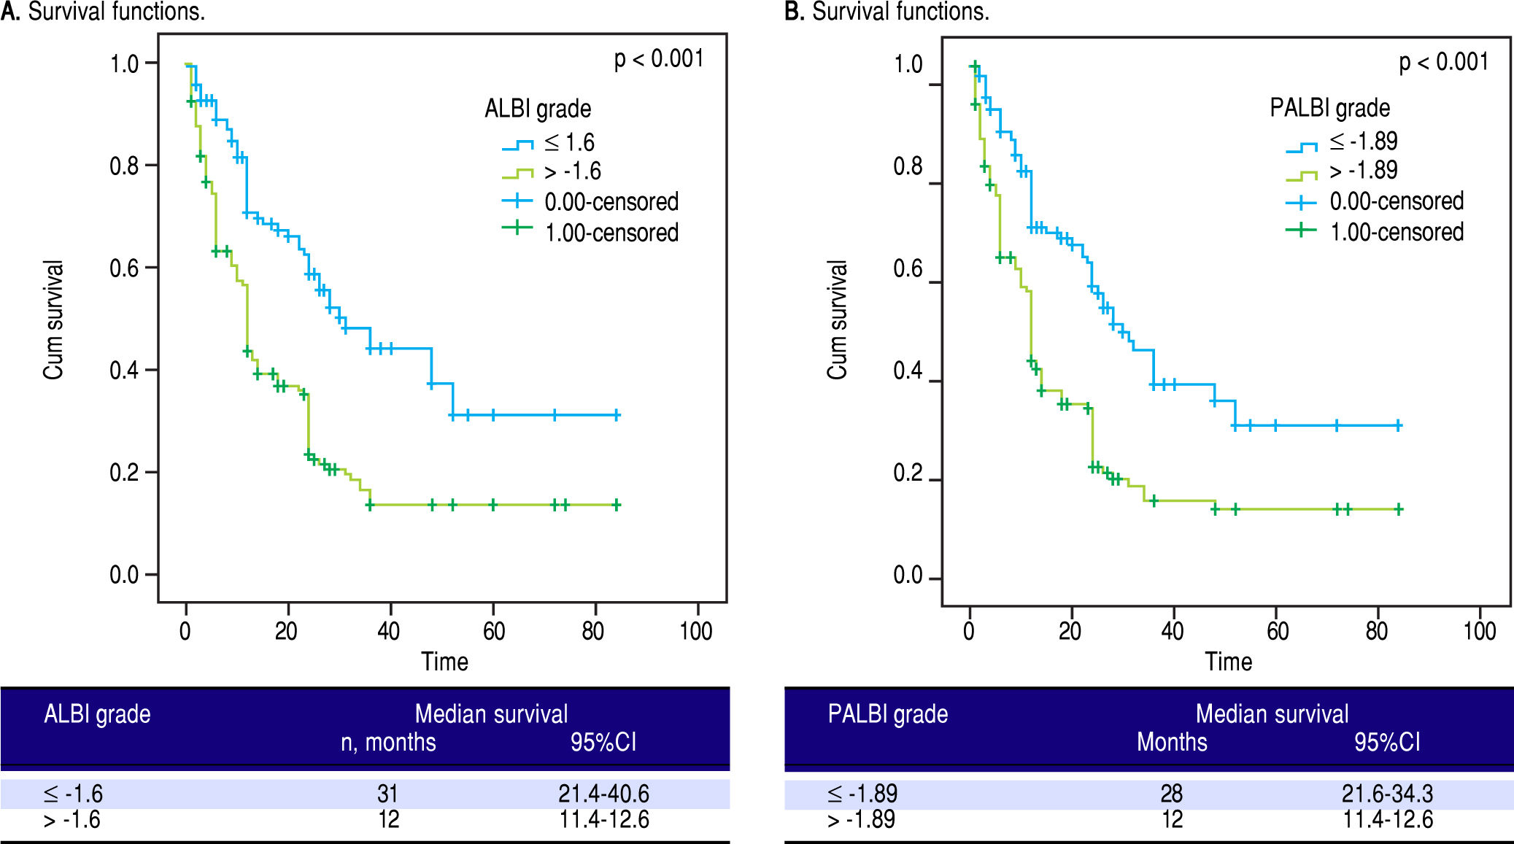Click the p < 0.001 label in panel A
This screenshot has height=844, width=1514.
pos(659,58)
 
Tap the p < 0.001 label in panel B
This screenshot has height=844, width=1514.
pos(1443,62)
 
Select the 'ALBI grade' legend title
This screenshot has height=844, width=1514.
pos(538,109)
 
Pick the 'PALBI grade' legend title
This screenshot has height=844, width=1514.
pos(1329,108)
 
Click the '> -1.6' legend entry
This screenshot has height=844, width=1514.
pos(572,171)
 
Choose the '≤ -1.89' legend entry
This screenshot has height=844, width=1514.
pos(1363,141)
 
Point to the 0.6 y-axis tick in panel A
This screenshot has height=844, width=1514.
pos(124,268)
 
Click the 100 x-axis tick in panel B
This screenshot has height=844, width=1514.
pos(1479,630)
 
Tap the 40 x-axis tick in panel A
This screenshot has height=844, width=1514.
pos(389,630)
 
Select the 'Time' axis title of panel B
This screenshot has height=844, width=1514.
pos(1228,662)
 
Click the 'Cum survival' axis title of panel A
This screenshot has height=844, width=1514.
pos(53,320)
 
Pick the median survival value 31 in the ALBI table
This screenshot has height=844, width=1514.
pos(387,794)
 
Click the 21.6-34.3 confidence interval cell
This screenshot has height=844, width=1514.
pos(1387,794)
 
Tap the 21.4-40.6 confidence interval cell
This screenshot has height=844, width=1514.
pos(603,794)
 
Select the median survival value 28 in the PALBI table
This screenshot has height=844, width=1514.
pos(1171,794)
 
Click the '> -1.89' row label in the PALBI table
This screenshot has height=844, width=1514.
pos(861,820)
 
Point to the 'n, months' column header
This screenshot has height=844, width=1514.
pos(388,742)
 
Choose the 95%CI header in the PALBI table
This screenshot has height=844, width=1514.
pos(1387,742)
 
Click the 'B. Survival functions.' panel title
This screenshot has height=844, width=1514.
pos(887,12)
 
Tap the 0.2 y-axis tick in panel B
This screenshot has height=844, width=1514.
pos(908,474)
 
